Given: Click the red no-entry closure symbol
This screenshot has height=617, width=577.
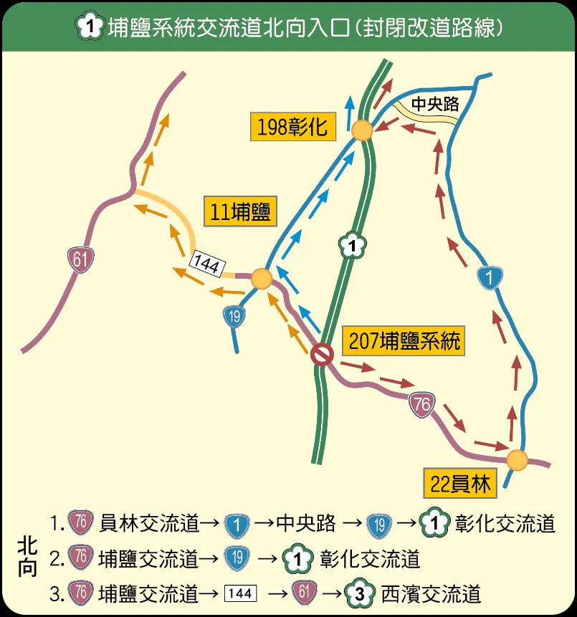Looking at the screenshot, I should click(x=323, y=354).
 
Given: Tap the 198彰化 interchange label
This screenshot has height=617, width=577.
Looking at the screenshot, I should click(x=292, y=127).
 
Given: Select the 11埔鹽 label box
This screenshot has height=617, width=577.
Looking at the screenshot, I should click(x=240, y=212).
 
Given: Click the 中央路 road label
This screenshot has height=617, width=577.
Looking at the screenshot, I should click(x=434, y=105).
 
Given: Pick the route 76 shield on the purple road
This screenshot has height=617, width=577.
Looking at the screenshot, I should click(x=421, y=406).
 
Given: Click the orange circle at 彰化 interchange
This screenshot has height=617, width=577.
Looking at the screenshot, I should click(x=361, y=130).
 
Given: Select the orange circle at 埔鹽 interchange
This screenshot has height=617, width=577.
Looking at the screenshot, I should click(x=262, y=279).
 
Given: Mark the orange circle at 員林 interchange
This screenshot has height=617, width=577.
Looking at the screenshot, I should click(x=517, y=460).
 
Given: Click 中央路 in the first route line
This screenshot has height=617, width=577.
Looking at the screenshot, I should click(x=306, y=524).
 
